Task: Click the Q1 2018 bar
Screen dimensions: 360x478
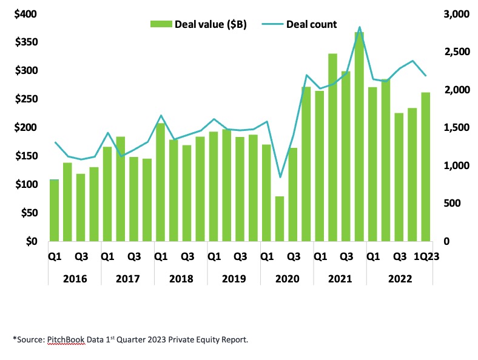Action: coord(160,182)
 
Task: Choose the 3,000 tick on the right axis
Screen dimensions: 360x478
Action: coord(453,14)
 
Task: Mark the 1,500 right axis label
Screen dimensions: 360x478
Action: coord(453,128)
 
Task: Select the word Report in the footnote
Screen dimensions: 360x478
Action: coord(233,340)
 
